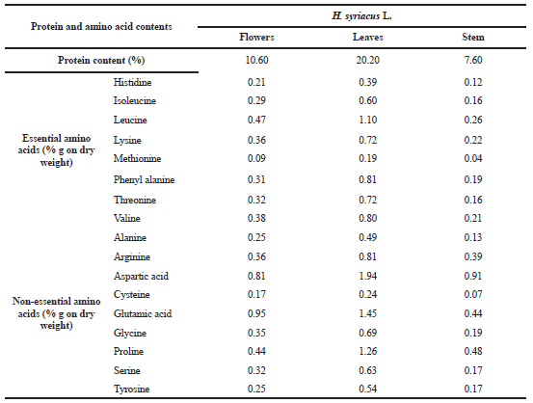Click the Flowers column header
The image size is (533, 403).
tap(256, 37)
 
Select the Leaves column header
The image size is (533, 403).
tap(368, 37)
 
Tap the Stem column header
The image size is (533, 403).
tap(473, 37)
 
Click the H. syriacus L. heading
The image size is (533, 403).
tap(361, 16)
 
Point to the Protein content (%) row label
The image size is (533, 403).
tap(101, 60)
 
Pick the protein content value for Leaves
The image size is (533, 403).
tap(368, 60)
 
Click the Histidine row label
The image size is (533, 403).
tap(132, 82)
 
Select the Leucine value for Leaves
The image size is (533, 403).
tap(368, 120)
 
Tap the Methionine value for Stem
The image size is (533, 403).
tap(473, 158)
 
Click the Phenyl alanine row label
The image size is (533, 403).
tap(144, 179)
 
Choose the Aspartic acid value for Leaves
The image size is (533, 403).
tap(368, 276)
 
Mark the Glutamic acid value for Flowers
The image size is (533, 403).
tap(256, 313)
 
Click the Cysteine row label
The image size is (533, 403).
tap(131, 294)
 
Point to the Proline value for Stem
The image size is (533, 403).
tap(473, 351)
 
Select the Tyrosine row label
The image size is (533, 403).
tap(131, 389)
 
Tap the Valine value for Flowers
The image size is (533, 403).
tap(256, 218)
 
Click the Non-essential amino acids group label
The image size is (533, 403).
tap(57, 313)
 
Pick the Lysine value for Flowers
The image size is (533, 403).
tap(256, 140)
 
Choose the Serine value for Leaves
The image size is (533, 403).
tap(368, 370)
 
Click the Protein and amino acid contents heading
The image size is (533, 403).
tap(101, 27)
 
